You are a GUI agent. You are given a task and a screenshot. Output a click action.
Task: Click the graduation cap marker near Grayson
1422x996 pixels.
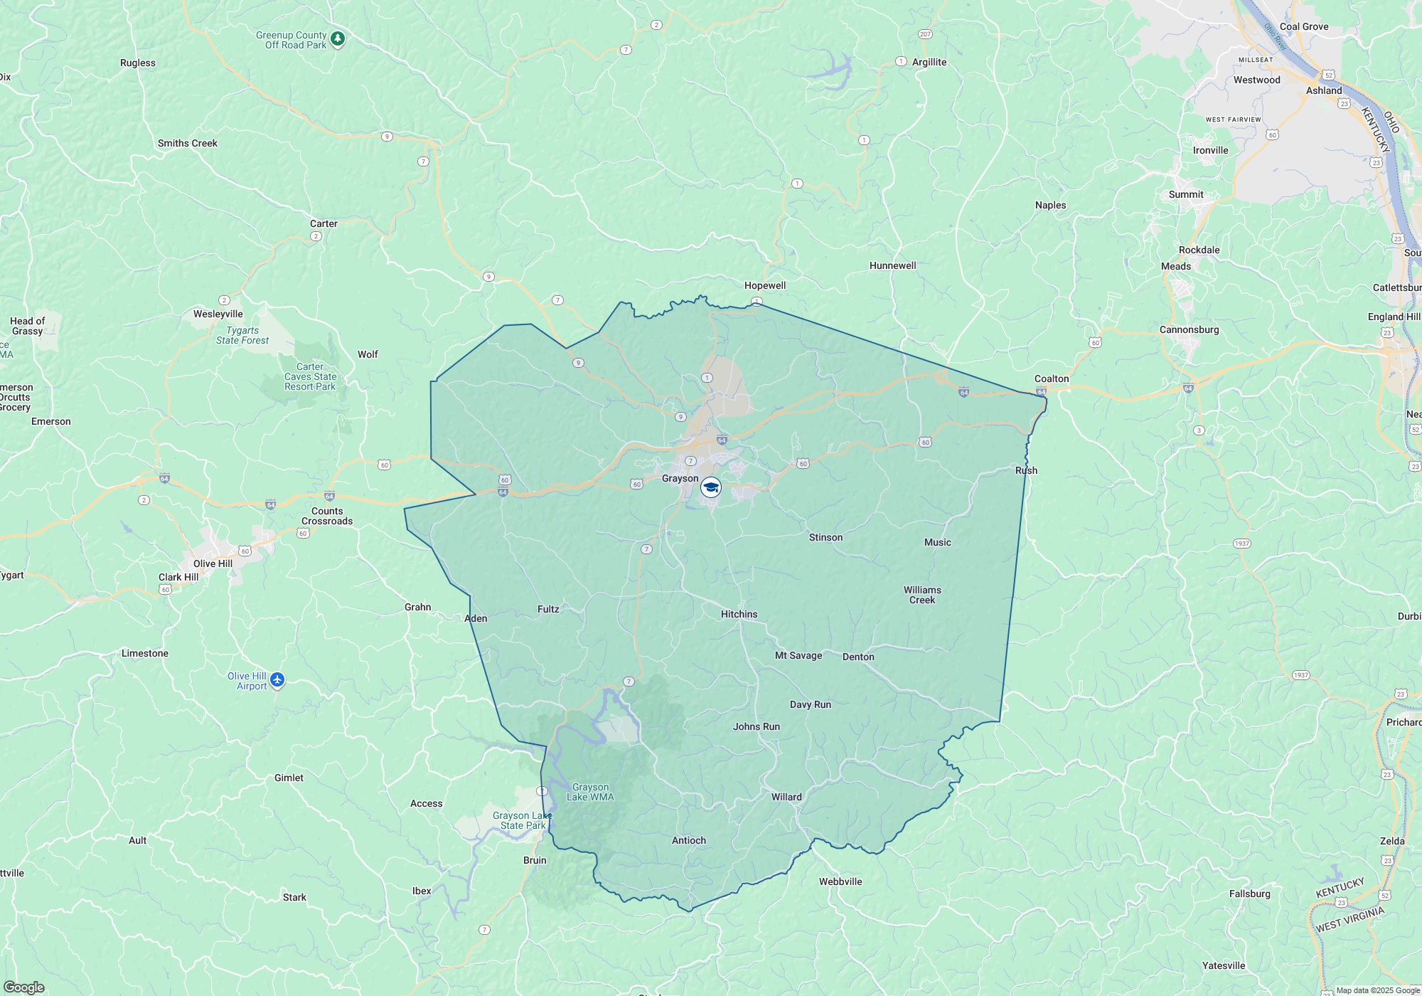[711, 487]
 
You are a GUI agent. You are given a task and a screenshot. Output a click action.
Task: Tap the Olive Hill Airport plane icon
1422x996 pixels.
[277, 681]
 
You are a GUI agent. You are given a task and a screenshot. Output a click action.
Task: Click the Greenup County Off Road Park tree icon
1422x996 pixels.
[338, 38]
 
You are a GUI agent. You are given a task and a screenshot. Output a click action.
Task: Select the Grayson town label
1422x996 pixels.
[680, 479]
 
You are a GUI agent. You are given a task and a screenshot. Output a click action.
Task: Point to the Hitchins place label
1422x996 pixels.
[739, 614]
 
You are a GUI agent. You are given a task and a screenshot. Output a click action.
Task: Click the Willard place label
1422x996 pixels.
[786, 797]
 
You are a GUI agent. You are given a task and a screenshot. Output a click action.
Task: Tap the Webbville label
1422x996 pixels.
[840, 881]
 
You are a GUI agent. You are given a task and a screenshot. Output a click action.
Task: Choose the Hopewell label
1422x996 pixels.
[765, 285]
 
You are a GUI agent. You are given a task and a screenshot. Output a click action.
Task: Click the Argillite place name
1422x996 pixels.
[929, 62]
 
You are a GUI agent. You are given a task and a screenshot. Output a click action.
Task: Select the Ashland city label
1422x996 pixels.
[1323, 90]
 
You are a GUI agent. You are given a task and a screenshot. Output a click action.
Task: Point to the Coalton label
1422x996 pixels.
[1051, 378]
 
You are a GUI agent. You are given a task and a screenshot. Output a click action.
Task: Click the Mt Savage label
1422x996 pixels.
[798, 655]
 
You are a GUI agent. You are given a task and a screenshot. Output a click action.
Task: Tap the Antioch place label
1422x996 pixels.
[689, 840]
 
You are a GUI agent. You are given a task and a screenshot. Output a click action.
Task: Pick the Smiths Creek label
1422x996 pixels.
[188, 143]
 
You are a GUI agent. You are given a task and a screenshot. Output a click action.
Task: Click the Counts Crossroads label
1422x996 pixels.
[327, 516]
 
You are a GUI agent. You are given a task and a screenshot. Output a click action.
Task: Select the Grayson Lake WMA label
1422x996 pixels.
[590, 792]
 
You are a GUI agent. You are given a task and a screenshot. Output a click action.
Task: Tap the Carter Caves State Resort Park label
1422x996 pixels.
[310, 376]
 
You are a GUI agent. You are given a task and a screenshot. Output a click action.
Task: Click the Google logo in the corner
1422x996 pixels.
[24, 987]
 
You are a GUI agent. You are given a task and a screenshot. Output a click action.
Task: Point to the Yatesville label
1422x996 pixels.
[1223, 965]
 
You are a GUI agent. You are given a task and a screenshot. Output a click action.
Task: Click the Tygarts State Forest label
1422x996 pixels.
[242, 335]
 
